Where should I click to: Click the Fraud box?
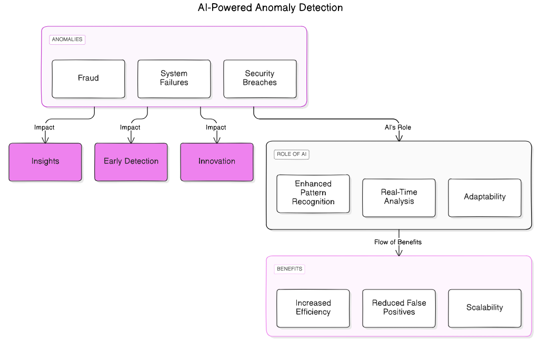point(88,78)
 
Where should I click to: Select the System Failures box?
point(174,78)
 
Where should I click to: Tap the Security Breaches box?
point(259,78)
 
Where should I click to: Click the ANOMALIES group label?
point(67,39)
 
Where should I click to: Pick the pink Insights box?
point(45,162)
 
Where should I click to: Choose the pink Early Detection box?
point(131,162)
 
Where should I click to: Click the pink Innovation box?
point(217,162)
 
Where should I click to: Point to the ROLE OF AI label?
point(292,154)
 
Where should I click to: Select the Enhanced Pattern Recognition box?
point(313,193)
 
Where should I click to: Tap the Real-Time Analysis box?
point(399,197)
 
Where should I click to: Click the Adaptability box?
point(485,197)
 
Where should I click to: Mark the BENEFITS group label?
point(290,269)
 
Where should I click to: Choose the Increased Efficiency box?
point(313,308)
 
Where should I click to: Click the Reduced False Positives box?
point(399,308)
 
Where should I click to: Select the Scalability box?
point(485,308)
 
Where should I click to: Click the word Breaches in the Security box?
point(259,83)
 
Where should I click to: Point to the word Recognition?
point(313,202)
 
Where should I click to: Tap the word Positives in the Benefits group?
point(399,312)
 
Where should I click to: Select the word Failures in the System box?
point(174,83)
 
